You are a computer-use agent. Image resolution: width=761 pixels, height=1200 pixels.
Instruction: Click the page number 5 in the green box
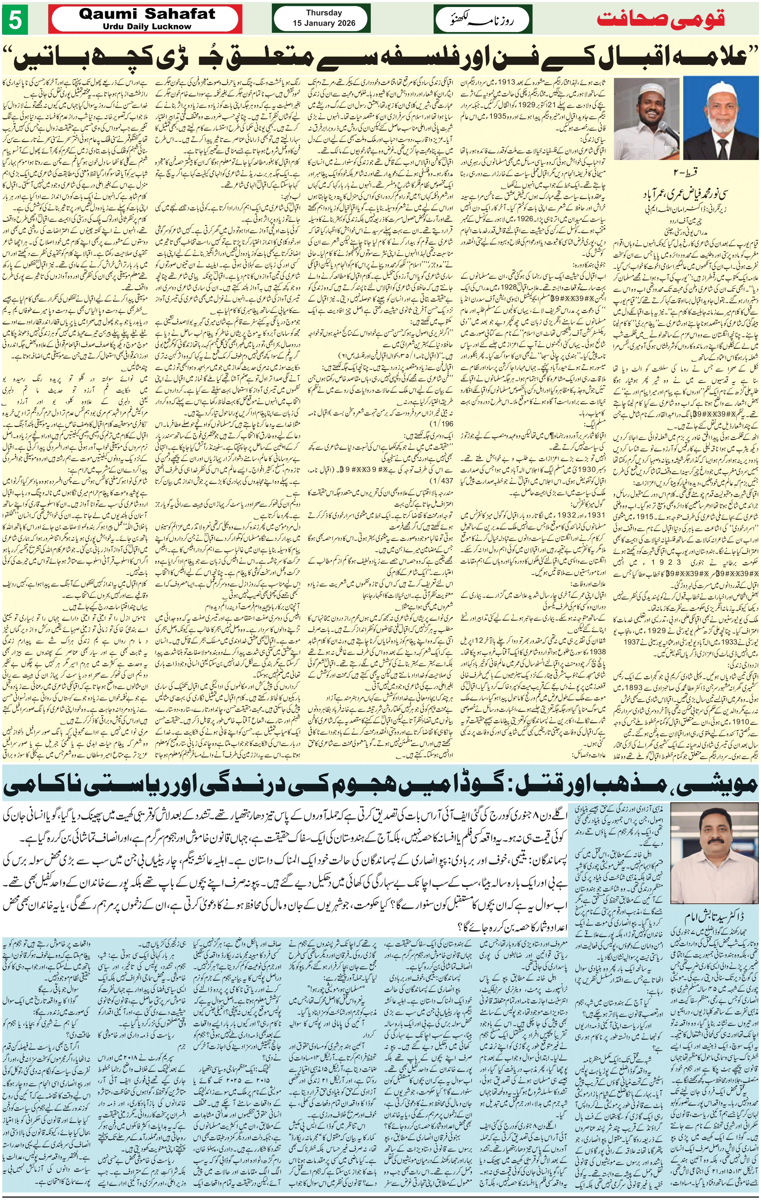pos(12,23)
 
